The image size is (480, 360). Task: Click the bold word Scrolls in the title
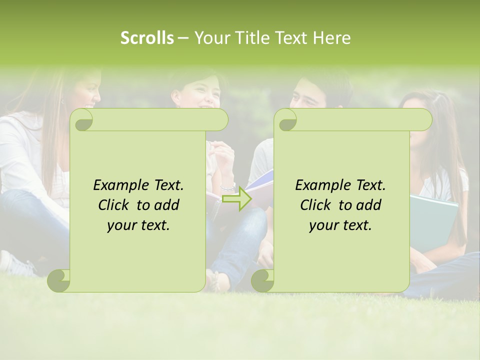tap(147, 38)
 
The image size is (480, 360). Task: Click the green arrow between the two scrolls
tap(237, 198)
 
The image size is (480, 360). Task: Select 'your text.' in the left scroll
tap(138, 225)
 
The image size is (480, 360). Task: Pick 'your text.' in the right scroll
tap(340, 225)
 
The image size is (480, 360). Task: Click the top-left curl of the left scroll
tap(82, 120)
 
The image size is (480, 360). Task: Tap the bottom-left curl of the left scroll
tap(59, 280)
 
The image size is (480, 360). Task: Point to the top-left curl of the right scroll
tap(285, 120)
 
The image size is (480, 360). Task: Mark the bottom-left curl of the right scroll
tap(262, 280)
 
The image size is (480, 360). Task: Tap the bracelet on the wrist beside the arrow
tap(228, 187)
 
